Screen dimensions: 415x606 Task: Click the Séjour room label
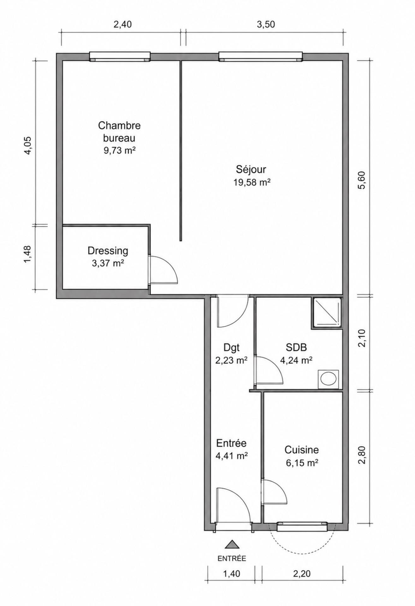click(251, 169)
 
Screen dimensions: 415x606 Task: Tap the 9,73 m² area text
click(120, 151)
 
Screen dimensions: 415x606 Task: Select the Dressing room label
click(108, 251)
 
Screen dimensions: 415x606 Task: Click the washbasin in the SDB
click(329, 378)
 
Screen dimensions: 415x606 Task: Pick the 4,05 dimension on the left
click(28, 145)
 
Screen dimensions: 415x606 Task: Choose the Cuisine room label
click(302, 449)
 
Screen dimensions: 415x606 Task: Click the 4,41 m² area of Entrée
click(231, 455)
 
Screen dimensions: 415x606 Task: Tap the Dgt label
click(231, 348)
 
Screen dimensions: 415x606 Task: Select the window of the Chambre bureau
click(119, 56)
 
